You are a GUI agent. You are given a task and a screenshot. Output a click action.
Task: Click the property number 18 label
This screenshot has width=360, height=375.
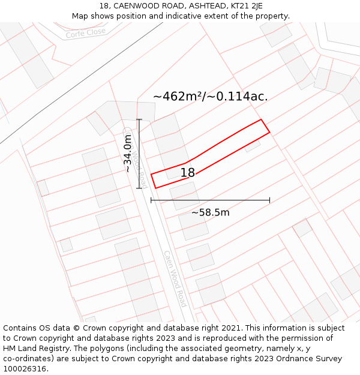pos(188,173)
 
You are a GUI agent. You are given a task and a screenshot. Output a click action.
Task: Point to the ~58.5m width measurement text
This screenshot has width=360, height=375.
pos(210,212)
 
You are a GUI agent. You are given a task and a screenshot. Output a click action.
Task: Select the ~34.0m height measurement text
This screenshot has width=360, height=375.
pos(128,154)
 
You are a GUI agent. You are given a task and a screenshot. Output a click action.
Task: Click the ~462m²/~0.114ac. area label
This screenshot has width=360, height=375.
pos(210,96)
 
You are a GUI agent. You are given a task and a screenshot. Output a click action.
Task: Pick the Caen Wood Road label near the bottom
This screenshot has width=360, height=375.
pos(175,279)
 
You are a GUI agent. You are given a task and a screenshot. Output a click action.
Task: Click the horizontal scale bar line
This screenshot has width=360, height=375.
pos(210,200)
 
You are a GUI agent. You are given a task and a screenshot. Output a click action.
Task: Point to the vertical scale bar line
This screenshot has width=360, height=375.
pos(139,154)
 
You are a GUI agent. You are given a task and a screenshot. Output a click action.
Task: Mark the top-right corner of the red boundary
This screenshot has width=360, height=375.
pos(262,119)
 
